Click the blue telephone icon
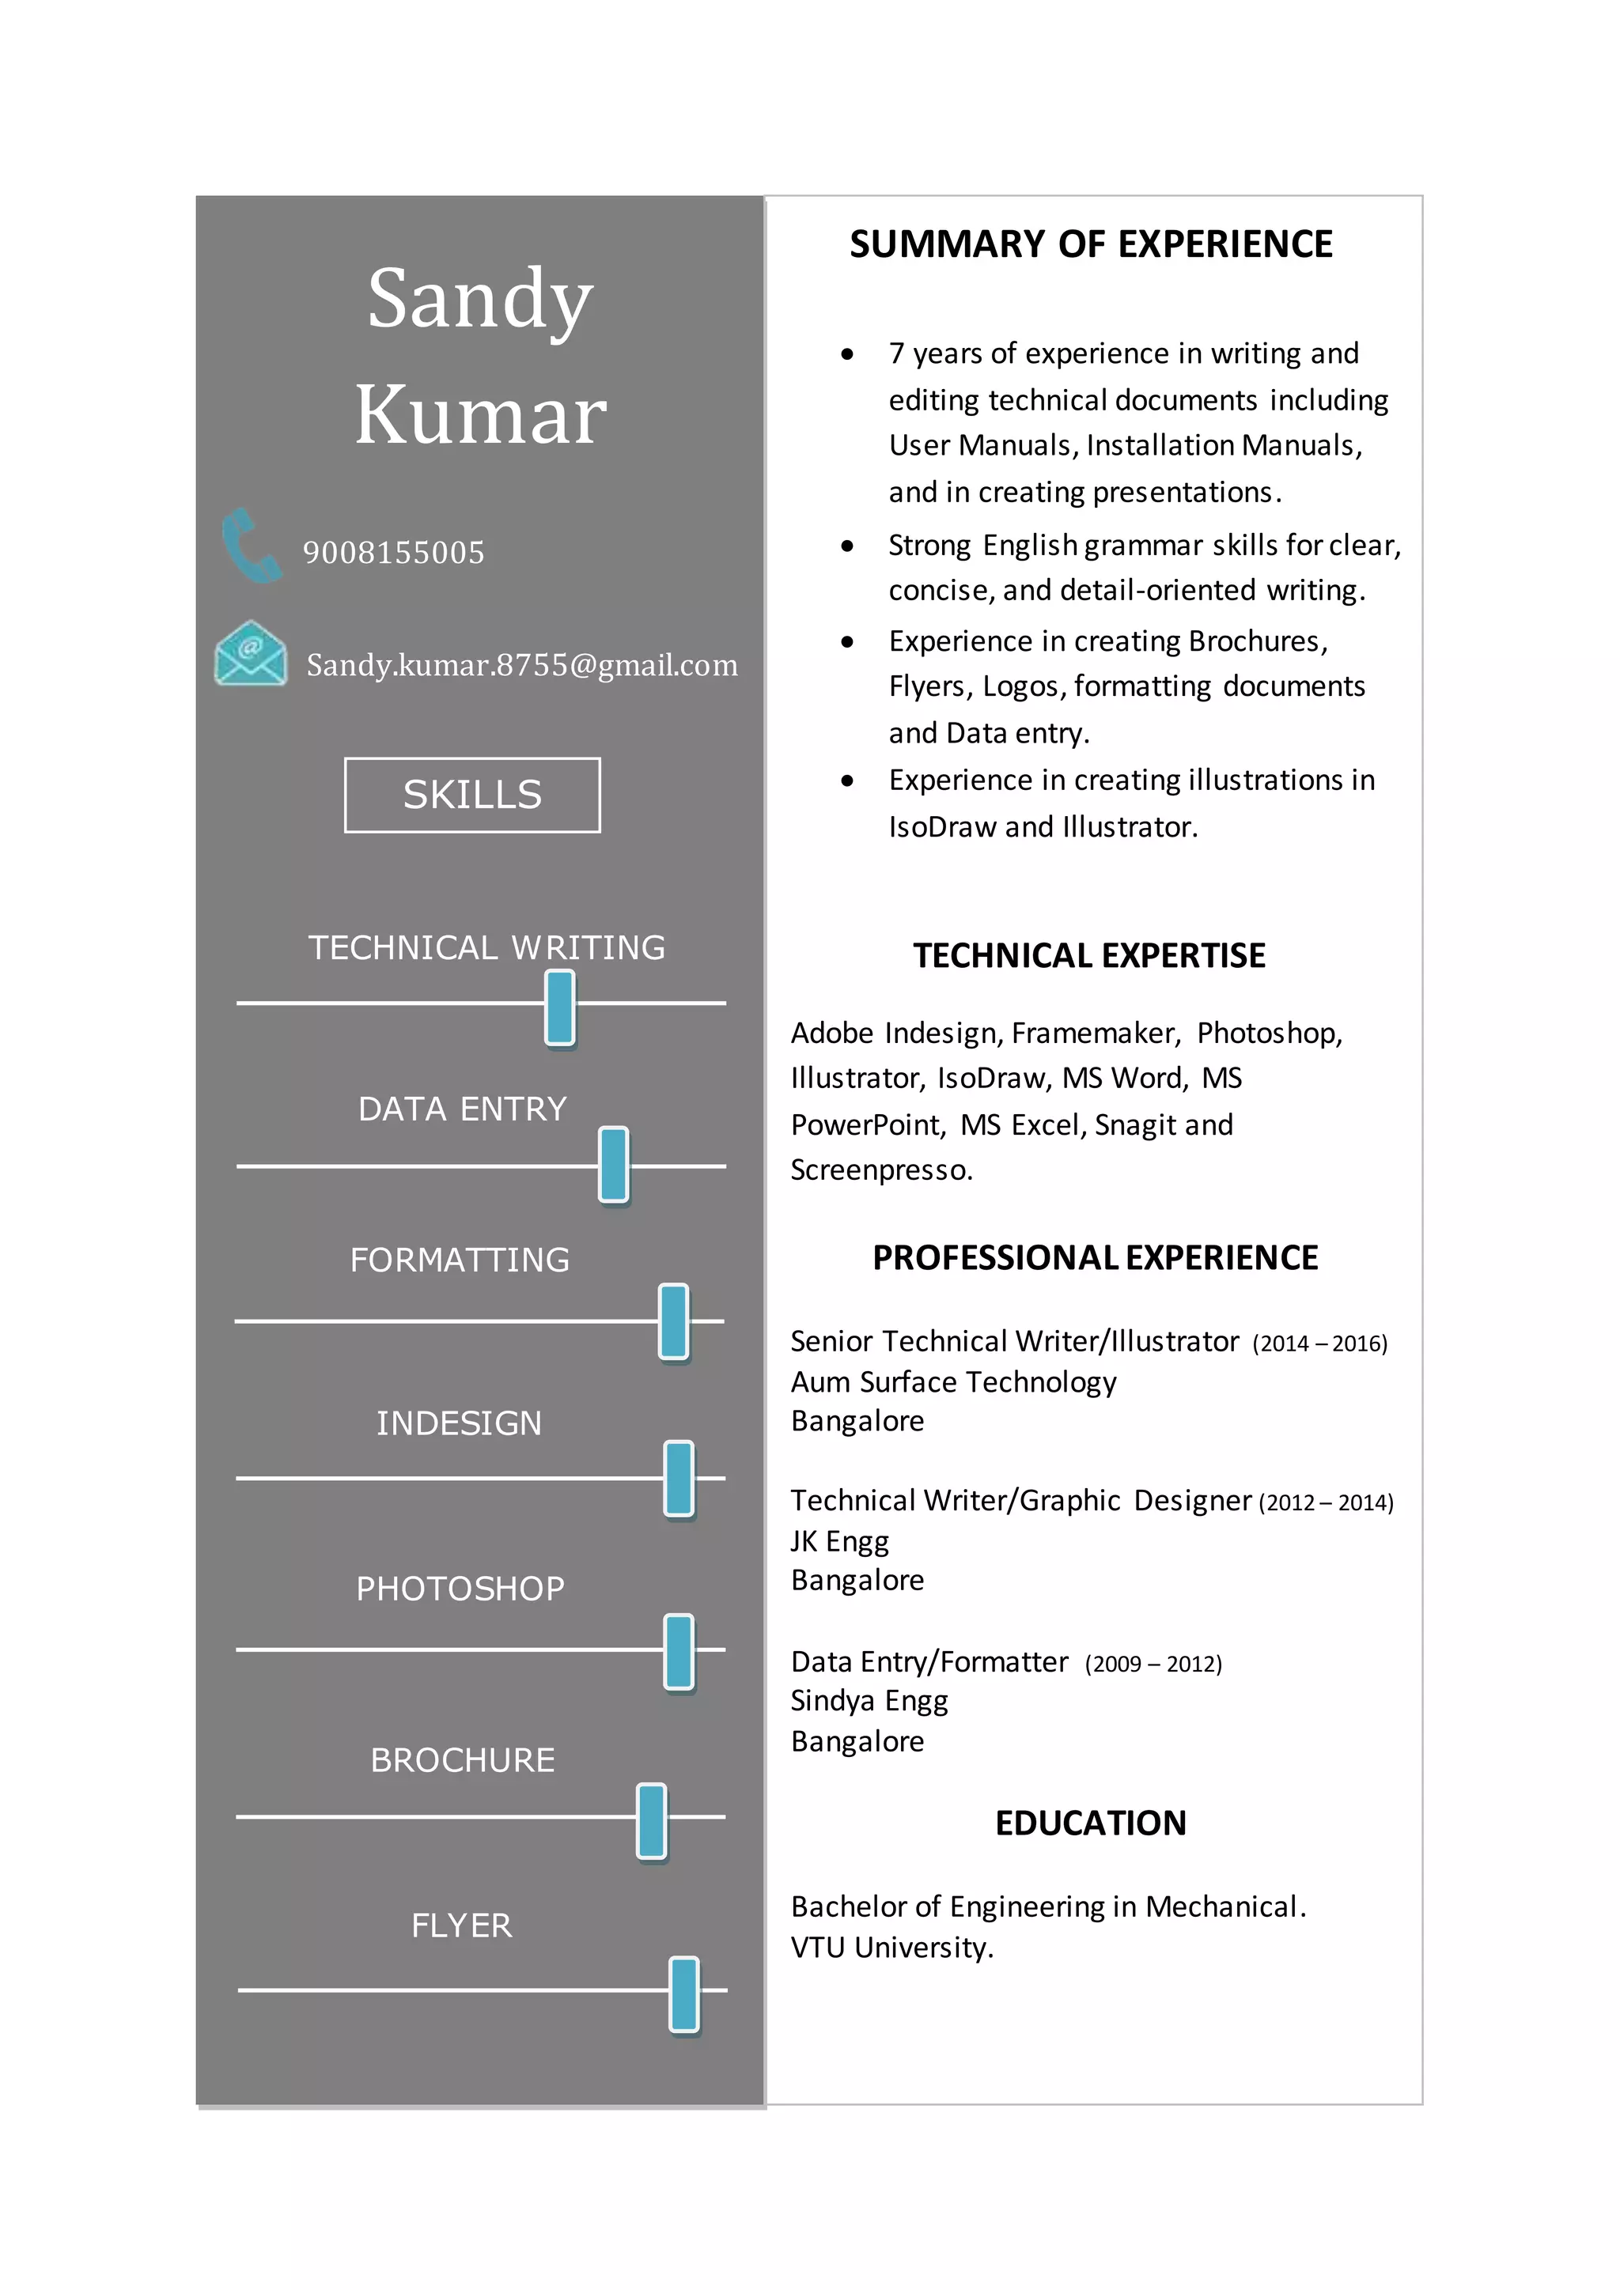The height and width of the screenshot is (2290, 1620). point(251,546)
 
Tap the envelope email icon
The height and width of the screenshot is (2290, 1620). point(251,654)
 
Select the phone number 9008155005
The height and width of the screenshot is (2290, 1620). point(393,553)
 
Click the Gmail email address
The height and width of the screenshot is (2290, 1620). point(522,665)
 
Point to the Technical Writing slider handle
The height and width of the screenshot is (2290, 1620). point(559,1007)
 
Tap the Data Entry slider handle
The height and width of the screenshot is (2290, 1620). point(614,1164)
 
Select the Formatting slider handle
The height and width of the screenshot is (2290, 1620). point(673,1321)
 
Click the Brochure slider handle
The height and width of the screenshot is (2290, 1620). point(651,1821)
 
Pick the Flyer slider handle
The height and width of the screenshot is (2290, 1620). point(684,1993)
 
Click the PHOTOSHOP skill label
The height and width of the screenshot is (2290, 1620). point(460,1589)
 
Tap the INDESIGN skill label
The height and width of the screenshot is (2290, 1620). point(459,1423)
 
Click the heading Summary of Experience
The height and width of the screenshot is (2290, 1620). point(1090,244)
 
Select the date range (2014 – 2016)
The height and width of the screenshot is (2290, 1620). point(1319,1344)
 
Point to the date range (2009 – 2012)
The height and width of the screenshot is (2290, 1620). point(1153,1665)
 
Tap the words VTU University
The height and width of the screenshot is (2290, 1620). point(891,1948)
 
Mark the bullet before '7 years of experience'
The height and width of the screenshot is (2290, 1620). point(847,354)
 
